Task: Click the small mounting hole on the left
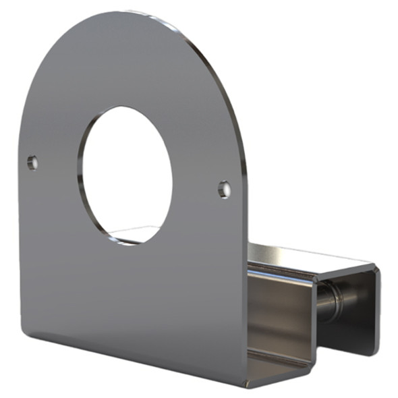pyautogui.click(x=32, y=162)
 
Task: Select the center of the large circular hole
pyautogui.click(x=125, y=174)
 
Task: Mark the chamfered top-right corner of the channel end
pyautogui.click(x=373, y=268)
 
